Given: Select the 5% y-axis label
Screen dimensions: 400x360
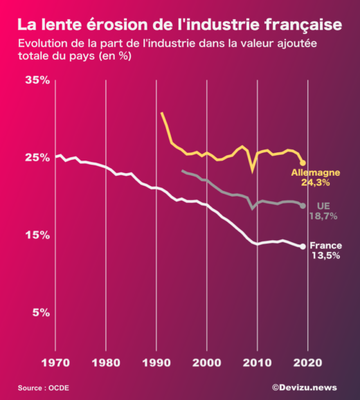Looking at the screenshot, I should pyautogui.click(x=39, y=313).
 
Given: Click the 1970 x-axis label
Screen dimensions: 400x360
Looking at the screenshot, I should pyautogui.click(x=55, y=362).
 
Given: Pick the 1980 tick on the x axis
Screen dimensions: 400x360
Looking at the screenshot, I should pyautogui.click(x=105, y=362).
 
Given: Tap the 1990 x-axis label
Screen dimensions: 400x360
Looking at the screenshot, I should pyautogui.click(x=156, y=362).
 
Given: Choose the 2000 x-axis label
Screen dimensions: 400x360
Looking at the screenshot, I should pyautogui.click(x=207, y=362).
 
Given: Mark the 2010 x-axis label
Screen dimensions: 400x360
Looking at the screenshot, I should pyautogui.click(x=258, y=362).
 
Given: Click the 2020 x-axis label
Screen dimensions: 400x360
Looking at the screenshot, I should pyautogui.click(x=307, y=362).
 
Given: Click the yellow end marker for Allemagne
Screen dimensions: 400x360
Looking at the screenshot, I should pyautogui.click(x=303, y=163).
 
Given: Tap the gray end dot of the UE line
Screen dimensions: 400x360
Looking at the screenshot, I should pyautogui.click(x=303, y=206).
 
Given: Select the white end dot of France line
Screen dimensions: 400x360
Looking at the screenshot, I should pyautogui.click(x=303, y=246).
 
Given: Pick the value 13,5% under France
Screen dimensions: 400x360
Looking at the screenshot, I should pyautogui.click(x=325, y=256).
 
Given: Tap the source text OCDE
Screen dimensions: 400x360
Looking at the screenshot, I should pyautogui.click(x=59, y=388).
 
